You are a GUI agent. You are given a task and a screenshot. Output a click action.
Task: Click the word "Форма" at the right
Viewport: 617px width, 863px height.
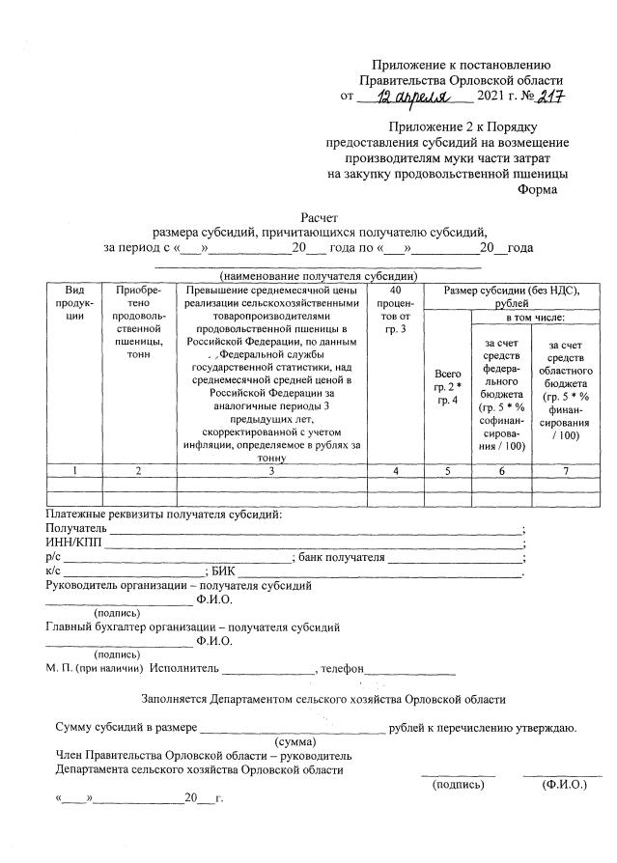pos(538,190)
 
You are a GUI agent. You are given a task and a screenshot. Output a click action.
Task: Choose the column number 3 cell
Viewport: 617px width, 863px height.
pos(272,470)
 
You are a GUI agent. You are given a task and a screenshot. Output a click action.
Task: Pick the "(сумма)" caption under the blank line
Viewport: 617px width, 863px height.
pos(300,741)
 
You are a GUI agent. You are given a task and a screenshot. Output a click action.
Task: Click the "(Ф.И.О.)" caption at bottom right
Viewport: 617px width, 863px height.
pos(564,785)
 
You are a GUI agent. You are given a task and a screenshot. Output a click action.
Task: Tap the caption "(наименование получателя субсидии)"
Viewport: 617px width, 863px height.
pos(319,276)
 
